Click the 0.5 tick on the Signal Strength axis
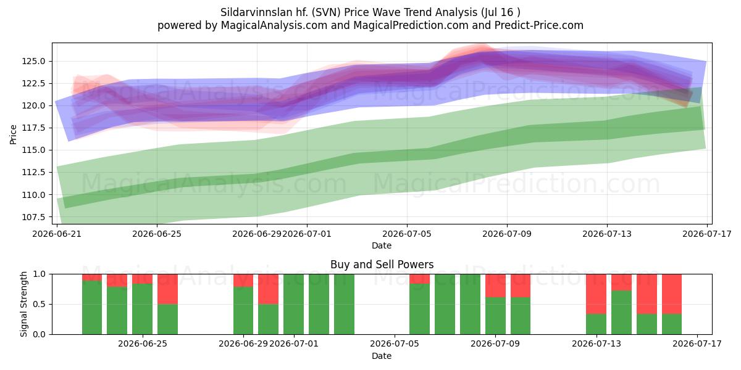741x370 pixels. coord(39,304)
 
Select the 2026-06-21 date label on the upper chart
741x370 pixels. coord(57,234)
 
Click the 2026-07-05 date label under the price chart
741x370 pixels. coord(407,234)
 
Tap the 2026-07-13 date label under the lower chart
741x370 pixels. coord(597,343)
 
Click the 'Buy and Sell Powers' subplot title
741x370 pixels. coord(382,265)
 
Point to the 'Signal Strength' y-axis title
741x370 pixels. coord(23,304)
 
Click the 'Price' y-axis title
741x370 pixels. coord(13,134)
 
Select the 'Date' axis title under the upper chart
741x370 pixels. coord(382,245)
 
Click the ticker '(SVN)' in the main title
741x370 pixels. coord(326,12)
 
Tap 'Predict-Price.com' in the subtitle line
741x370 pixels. coord(539,25)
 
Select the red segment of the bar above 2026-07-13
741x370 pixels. coord(596,294)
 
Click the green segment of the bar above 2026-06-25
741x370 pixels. coord(142,309)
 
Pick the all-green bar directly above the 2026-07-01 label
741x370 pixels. coord(293,304)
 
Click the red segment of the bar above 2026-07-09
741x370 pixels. coord(495,286)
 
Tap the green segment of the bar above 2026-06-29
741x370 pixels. coord(243,311)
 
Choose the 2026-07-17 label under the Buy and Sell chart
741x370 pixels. coord(697,343)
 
